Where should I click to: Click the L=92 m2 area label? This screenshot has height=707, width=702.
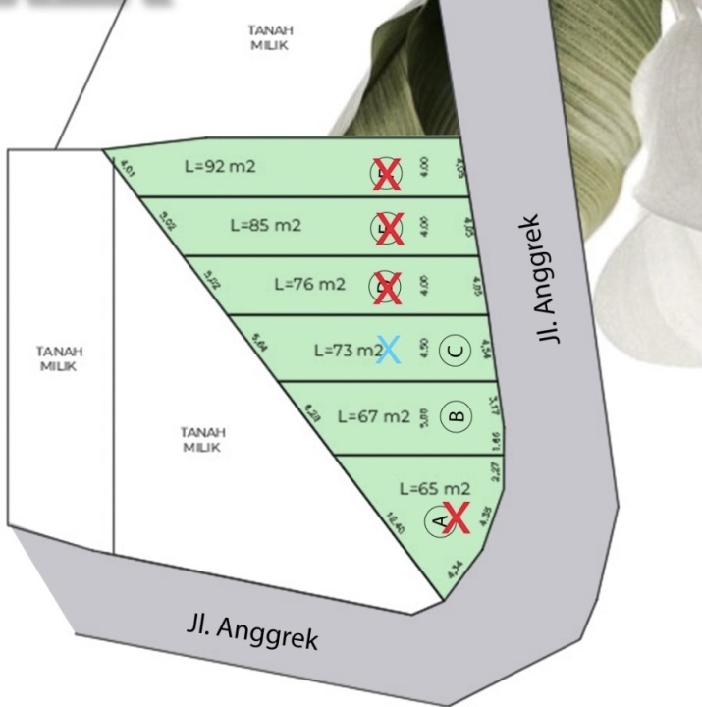[x=220, y=166]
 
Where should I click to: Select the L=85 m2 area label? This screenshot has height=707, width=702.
[x=265, y=225]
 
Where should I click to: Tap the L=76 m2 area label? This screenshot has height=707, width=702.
[x=309, y=284]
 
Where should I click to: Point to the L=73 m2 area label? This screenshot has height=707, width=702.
[x=347, y=350]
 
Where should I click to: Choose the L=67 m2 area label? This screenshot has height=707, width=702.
[x=373, y=416]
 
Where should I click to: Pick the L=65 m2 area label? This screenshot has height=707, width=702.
[x=435, y=488]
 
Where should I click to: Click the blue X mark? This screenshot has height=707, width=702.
[x=389, y=350]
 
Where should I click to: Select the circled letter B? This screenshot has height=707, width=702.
[x=456, y=416]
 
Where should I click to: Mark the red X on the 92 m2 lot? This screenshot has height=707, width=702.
[x=387, y=175]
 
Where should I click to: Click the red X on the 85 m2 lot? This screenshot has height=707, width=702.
[x=389, y=230]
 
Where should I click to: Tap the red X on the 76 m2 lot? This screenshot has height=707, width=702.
[x=388, y=288]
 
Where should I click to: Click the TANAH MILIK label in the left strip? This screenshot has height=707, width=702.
[x=60, y=357]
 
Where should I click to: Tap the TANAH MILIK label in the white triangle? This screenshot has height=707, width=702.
[x=202, y=439]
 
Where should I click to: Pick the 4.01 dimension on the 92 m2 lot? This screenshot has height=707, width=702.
[x=127, y=169]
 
